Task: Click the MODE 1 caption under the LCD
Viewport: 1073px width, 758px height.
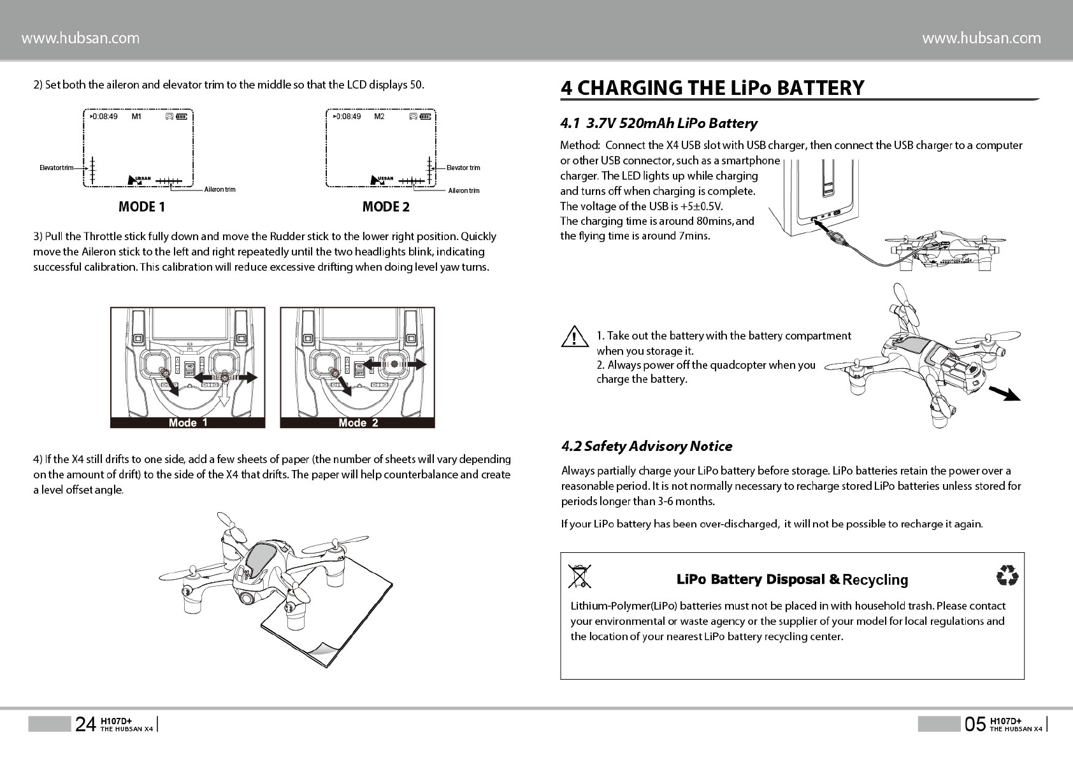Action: [x=141, y=207]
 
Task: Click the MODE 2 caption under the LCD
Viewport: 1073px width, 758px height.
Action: [x=385, y=207]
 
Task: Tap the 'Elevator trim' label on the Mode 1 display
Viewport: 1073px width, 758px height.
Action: [x=55, y=168]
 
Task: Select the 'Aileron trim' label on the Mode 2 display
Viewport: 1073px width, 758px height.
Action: [x=464, y=190]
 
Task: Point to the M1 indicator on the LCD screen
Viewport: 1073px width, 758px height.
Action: [x=136, y=117]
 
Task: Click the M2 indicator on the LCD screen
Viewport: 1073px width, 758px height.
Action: [x=379, y=117]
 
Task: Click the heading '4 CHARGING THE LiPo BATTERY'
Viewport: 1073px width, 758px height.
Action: [x=712, y=88]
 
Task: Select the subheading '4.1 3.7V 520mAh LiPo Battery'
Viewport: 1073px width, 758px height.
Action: [x=658, y=124]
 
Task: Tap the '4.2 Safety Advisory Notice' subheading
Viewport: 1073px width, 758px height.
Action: [x=646, y=446]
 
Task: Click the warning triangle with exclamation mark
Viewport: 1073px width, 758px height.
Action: [x=574, y=337]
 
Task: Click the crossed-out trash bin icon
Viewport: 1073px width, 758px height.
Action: [x=579, y=576]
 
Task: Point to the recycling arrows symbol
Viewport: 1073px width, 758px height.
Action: [x=1007, y=576]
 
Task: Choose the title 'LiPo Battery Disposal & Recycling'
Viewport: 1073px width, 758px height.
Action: [x=791, y=580]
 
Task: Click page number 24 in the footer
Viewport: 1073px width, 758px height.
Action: [x=85, y=724]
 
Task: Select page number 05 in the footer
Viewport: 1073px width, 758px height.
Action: [x=975, y=724]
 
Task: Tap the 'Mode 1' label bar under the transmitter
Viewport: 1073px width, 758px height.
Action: [x=187, y=423]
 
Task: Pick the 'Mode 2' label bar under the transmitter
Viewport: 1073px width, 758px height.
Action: [x=357, y=423]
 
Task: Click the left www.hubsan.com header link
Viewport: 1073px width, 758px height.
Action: [x=80, y=38]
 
